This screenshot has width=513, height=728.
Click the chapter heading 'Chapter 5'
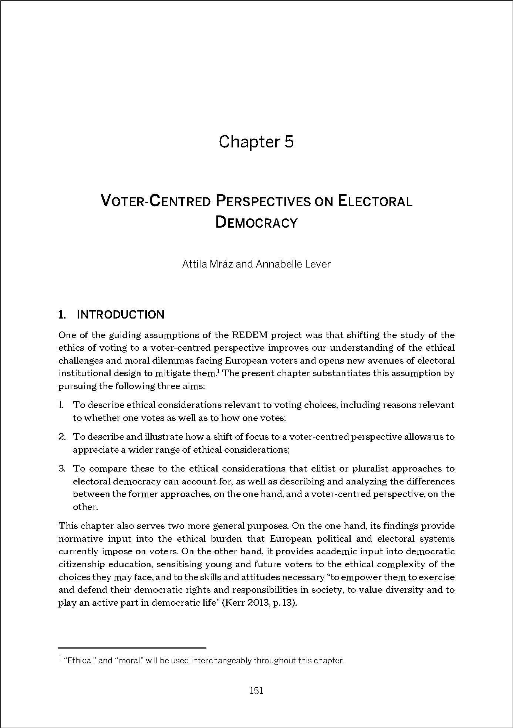click(256, 142)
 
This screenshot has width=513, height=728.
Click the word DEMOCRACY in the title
click(256, 223)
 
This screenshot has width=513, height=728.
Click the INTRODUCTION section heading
click(120, 315)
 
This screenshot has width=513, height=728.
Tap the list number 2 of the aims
click(62, 437)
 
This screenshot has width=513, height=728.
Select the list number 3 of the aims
click(62, 469)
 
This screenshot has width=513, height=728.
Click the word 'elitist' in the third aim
click(320, 469)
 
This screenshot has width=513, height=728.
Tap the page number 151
click(256, 690)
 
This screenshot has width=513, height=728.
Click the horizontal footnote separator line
click(132, 648)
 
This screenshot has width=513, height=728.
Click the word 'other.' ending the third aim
click(85, 507)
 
